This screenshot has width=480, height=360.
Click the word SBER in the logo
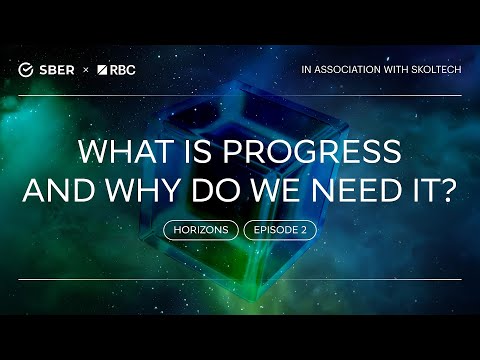[x=58, y=69]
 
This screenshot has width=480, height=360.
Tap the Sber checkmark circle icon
[x=27, y=69]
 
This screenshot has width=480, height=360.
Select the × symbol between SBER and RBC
[x=86, y=69]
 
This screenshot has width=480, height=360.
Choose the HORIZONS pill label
[x=201, y=230]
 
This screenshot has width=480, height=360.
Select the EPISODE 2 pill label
[x=280, y=230]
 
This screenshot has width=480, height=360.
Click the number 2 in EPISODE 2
[x=303, y=230]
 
